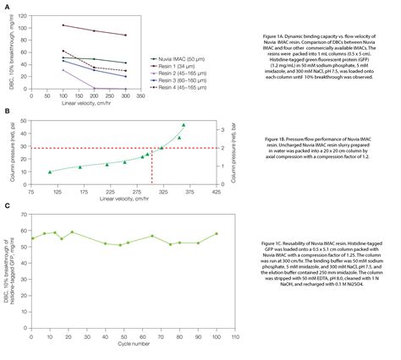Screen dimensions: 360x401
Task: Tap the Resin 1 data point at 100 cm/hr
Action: (x=87, y=25)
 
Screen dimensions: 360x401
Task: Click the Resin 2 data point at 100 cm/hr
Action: (x=87, y=70)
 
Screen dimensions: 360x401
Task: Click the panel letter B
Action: (x=8, y=112)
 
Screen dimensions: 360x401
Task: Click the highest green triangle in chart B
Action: (x=184, y=125)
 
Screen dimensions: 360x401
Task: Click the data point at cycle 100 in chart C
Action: (x=217, y=234)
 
